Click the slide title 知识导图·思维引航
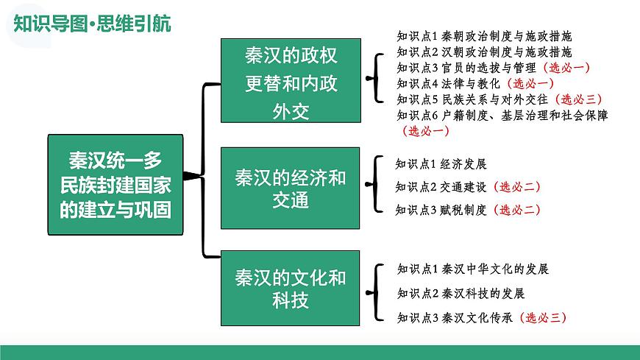pyautogui.click(x=93, y=24)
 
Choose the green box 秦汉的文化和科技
pyautogui.click(x=291, y=289)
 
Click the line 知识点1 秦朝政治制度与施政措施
pyautogui.click(x=483, y=35)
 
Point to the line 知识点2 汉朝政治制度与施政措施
pyautogui.click(x=483, y=52)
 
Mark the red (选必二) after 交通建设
pyautogui.click(x=517, y=186)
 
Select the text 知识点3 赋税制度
pyautogui.click(x=441, y=210)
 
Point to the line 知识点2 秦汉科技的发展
pyautogui.click(x=460, y=293)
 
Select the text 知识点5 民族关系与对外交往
pyautogui.click(x=472, y=99)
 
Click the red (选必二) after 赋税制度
pyautogui.click(x=517, y=210)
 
